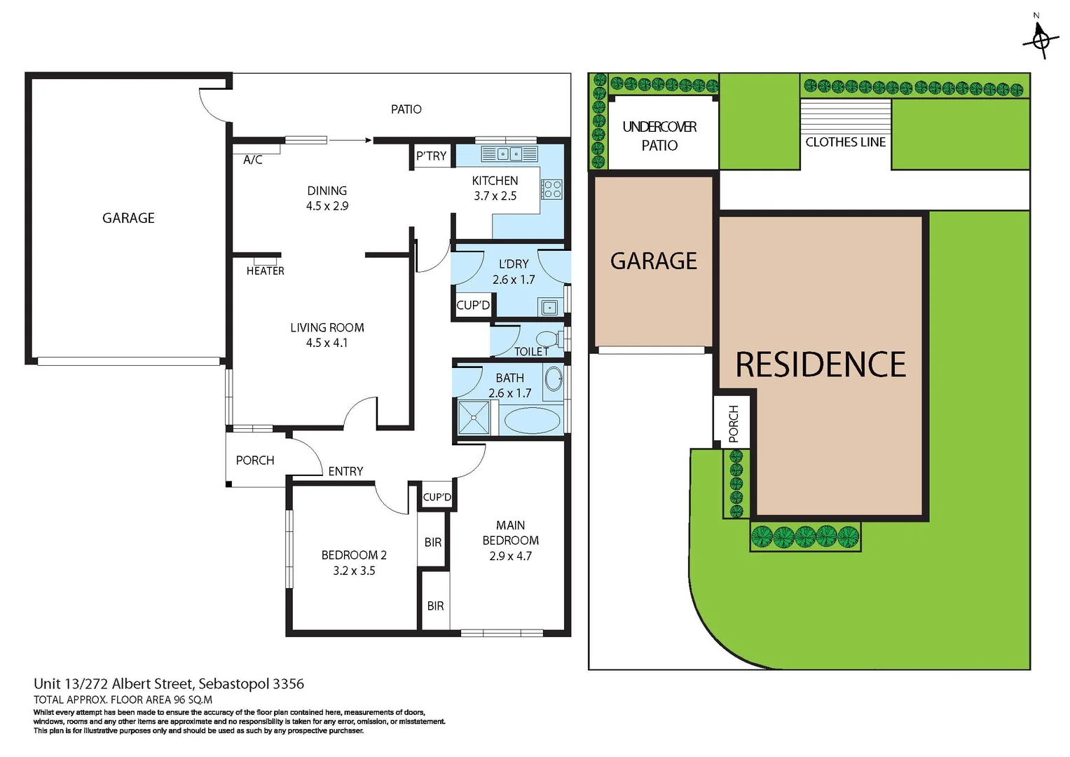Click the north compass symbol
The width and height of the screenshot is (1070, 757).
click(x=1041, y=38)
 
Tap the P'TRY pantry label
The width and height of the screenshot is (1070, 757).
click(x=431, y=156)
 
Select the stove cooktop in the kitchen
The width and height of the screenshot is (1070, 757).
click(x=551, y=189)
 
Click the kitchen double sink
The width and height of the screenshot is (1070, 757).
click(x=509, y=154)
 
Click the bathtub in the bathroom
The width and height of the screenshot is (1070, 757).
click(x=532, y=421)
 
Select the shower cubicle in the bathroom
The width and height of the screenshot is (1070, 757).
click(x=474, y=418)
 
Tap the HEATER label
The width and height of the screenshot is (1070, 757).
click(x=265, y=271)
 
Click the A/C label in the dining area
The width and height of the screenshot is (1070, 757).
click(x=252, y=160)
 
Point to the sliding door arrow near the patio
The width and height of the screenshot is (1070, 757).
click(x=350, y=140)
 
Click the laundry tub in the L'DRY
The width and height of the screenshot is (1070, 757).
click(x=550, y=307)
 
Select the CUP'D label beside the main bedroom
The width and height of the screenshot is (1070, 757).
click(x=437, y=497)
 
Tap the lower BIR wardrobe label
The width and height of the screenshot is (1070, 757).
click(x=435, y=606)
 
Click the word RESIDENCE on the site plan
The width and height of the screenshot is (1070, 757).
click(x=820, y=364)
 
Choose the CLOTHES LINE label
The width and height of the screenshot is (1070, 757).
click(x=845, y=142)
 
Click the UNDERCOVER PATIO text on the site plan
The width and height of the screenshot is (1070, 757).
click(x=659, y=135)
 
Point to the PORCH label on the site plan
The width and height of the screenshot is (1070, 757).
click(x=733, y=423)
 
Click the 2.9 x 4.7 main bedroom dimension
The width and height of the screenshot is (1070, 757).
click(x=510, y=556)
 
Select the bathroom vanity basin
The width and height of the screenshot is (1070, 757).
click(x=554, y=379)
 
